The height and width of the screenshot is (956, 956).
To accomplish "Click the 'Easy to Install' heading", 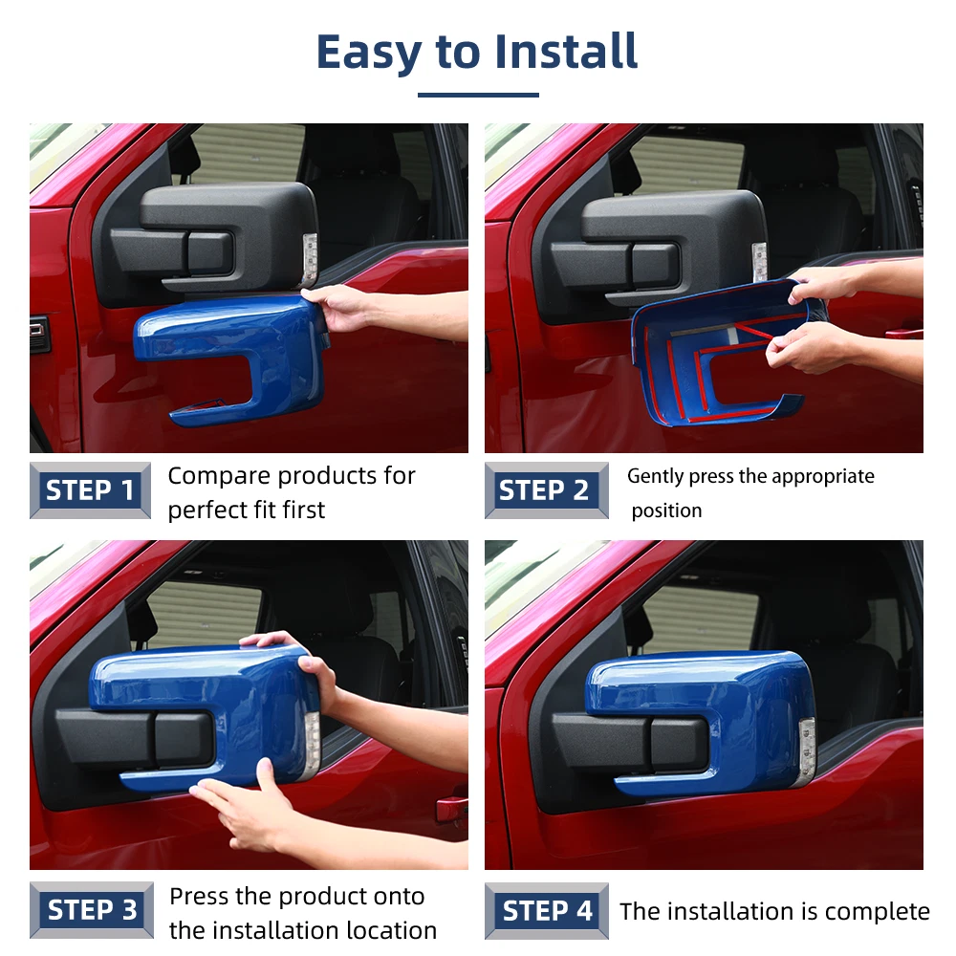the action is pyautogui.click(x=477, y=53).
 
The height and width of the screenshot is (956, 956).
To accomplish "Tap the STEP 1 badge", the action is pyautogui.click(x=90, y=490).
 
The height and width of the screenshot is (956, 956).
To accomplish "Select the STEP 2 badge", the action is pyautogui.click(x=546, y=490).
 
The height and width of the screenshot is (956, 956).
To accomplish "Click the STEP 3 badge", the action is pyautogui.click(x=92, y=910).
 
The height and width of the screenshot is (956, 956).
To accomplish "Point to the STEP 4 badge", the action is pyautogui.click(x=546, y=911).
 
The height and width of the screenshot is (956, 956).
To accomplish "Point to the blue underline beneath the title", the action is pyautogui.click(x=478, y=95).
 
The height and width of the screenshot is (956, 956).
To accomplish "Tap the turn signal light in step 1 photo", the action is pyautogui.click(x=310, y=260).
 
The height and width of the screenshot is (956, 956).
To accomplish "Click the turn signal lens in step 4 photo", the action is pyautogui.click(x=807, y=752).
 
